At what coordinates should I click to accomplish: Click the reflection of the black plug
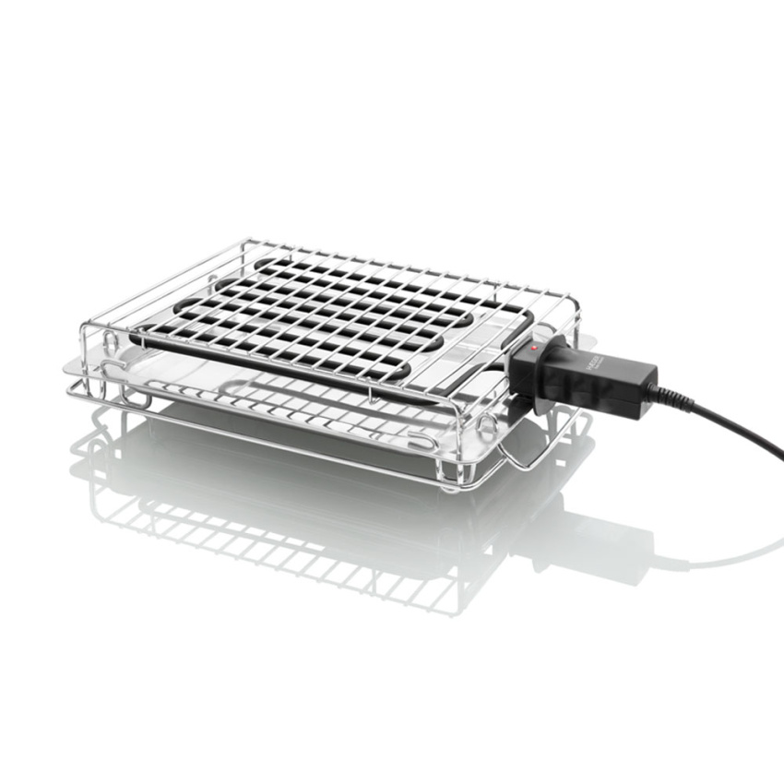(590, 544)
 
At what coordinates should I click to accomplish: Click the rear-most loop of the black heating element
(267, 263)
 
